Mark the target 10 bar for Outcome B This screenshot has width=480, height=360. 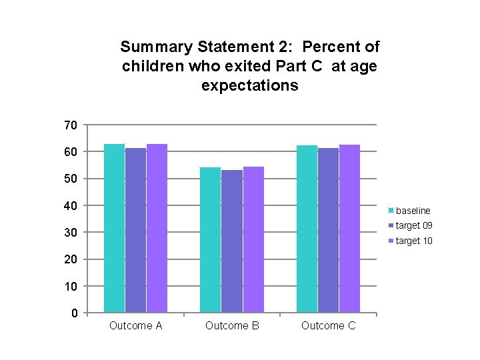(253, 239)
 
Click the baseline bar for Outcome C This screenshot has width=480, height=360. (307, 229)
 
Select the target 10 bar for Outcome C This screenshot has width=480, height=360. (349, 229)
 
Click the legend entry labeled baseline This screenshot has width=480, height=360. (413, 211)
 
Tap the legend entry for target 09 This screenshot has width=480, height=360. (413, 225)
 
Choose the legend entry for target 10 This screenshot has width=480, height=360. (413, 241)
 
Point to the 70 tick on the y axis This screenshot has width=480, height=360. (71, 125)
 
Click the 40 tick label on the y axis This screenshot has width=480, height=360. (71, 206)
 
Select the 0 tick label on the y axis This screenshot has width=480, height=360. (74, 313)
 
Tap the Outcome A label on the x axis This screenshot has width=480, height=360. (135, 326)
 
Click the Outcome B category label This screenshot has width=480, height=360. (232, 326)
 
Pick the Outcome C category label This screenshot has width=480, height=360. (328, 326)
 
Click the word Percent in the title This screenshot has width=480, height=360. (333, 47)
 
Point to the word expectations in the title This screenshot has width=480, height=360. (249, 86)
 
